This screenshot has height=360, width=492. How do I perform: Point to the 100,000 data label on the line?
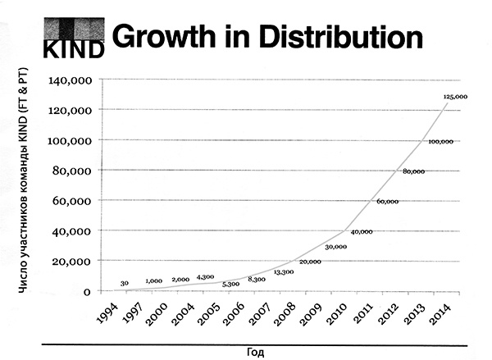pyautogui.click(x=440, y=141)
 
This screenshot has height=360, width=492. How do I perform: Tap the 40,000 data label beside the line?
pyautogui.click(x=361, y=232)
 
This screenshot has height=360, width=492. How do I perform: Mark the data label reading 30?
pyautogui.click(x=125, y=284)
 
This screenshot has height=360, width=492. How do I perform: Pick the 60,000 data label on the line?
pyautogui.click(x=387, y=201)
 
